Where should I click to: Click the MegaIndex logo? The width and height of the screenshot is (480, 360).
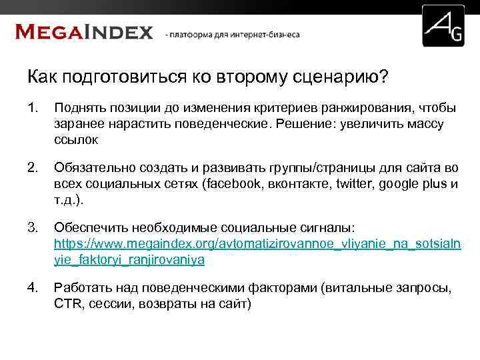point(84,31)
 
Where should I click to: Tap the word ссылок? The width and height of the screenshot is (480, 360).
point(76,140)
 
